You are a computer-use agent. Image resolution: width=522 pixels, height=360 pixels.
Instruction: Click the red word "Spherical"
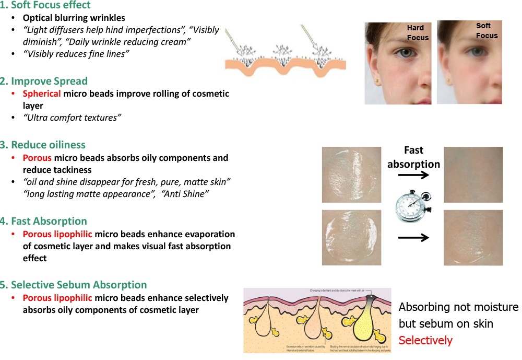click(42, 94)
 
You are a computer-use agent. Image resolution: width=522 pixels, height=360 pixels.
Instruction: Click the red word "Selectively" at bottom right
click(425, 341)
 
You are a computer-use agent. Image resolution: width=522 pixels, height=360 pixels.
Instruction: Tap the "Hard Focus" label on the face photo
click(418, 32)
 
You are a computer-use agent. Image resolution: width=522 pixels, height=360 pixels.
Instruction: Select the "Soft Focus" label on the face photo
click(487, 31)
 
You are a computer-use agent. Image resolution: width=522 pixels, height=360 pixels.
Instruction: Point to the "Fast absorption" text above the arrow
click(414, 157)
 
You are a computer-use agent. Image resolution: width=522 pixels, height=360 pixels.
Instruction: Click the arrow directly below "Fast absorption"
click(413, 176)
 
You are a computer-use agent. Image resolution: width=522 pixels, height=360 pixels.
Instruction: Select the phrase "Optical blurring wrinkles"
click(74, 18)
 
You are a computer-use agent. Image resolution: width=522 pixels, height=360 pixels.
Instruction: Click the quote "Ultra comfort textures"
click(72, 118)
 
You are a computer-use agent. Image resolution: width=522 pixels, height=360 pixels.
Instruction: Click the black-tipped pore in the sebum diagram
click(370, 298)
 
